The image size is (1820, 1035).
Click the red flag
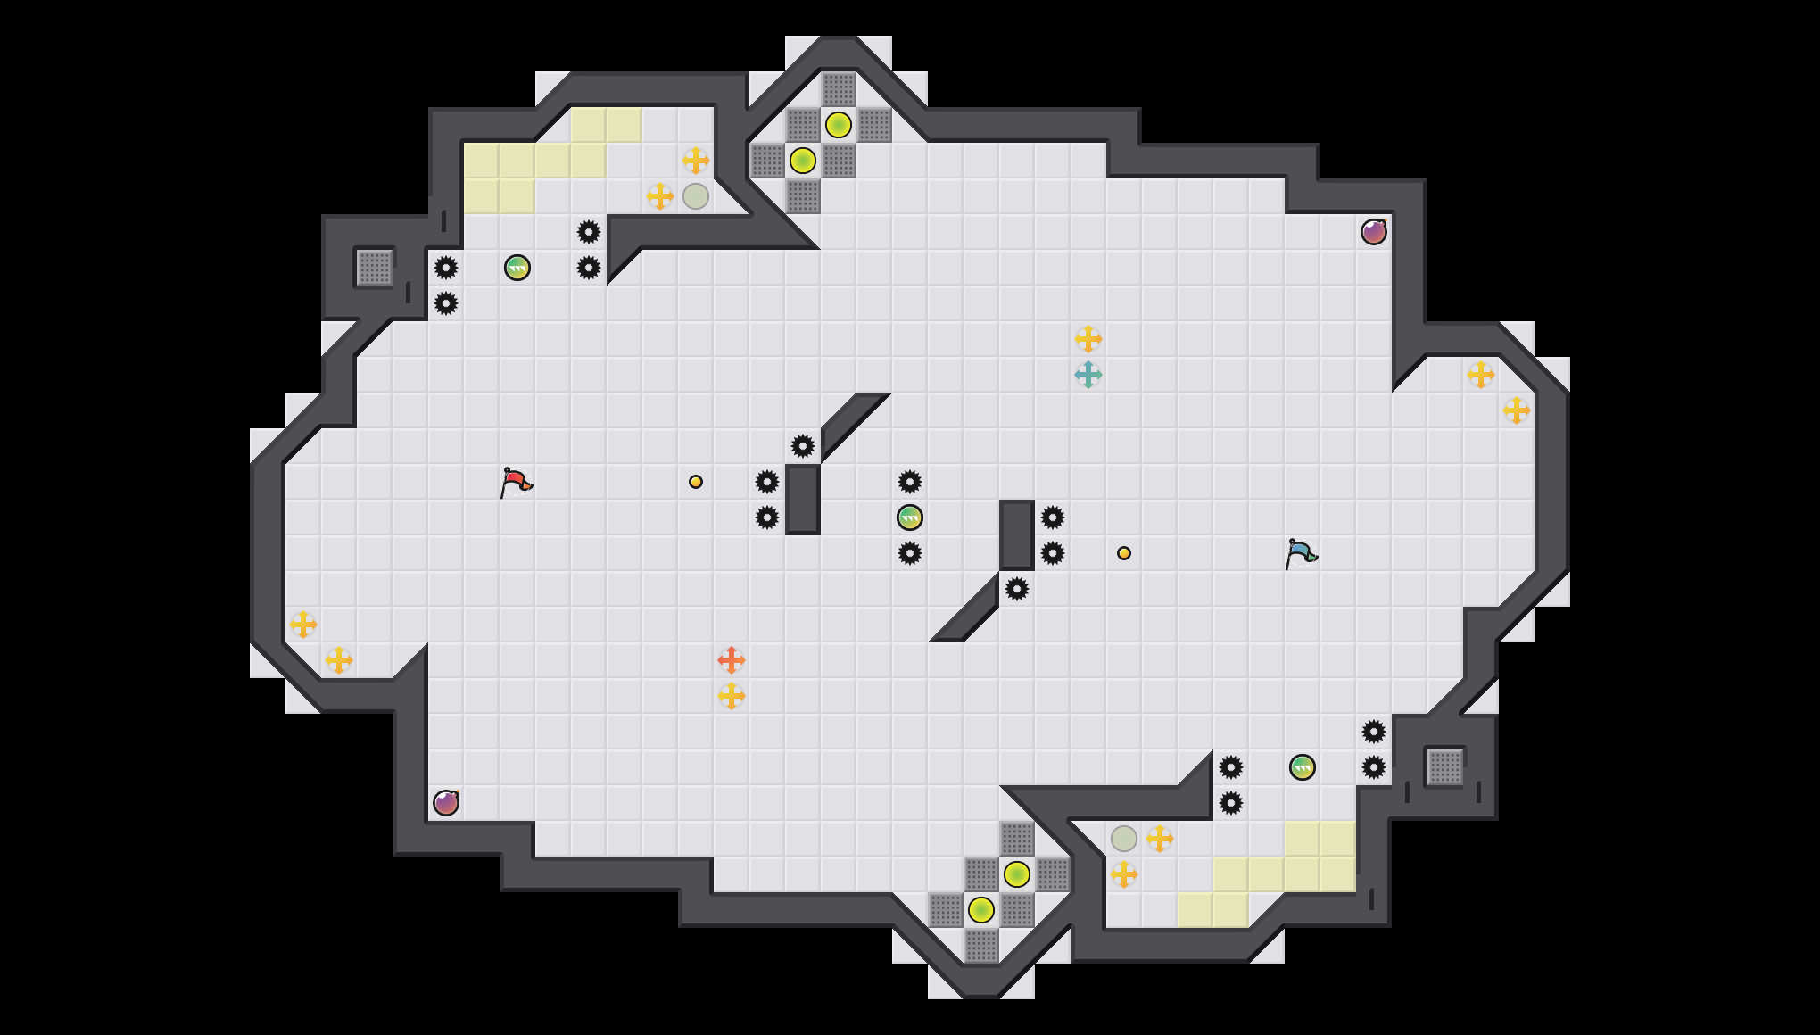[516, 482]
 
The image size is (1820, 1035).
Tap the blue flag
[1301, 553]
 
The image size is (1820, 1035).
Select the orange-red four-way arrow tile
[732, 660]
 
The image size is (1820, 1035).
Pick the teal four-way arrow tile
[1088, 375]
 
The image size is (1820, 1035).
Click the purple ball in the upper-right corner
[1374, 232]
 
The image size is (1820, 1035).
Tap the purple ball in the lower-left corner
[446, 803]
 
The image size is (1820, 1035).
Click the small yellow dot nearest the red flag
[696, 482]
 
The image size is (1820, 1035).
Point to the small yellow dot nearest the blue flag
[1124, 553]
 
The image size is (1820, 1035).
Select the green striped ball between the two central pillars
[910, 517]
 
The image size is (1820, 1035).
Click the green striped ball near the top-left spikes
[517, 268]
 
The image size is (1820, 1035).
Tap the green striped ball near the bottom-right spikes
[1303, 767]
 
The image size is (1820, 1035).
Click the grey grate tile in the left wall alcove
[375, 268]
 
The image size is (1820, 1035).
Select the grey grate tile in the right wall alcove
[1445, 767]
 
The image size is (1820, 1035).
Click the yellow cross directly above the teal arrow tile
[1088, 339]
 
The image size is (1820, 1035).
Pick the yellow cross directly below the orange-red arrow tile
[732, 696]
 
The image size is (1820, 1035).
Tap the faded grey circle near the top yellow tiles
[696, 196]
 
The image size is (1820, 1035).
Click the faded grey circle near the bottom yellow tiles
[1124, 839]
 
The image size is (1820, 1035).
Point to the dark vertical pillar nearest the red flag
[803, 500]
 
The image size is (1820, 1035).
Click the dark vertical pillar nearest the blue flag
[1017, 535]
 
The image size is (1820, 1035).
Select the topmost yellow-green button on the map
[839, 125]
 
